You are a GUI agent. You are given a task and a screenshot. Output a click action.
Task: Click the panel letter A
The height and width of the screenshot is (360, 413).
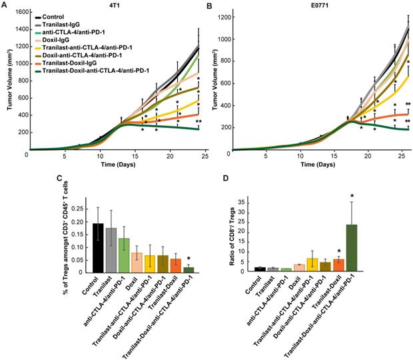pyautogui.click(x=5, y=5)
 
